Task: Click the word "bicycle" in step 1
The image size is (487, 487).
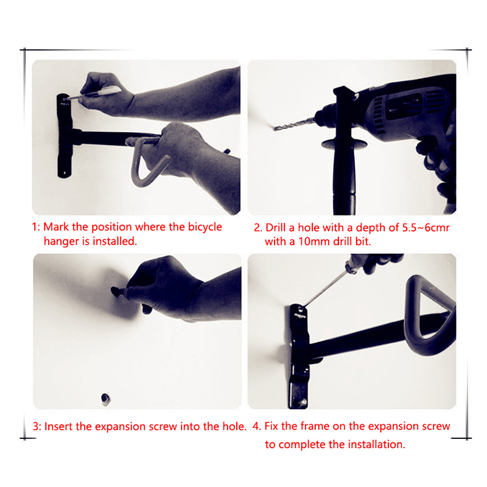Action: (205, 227)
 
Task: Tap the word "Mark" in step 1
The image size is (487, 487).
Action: (56, 226)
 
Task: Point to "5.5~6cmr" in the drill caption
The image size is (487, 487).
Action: (426, 228)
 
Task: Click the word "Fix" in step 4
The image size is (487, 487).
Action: (271, 426)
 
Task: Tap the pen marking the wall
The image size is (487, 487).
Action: (93, 93)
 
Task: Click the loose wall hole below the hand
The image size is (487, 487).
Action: (105, 399)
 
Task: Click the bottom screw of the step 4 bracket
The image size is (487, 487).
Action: (302, 403)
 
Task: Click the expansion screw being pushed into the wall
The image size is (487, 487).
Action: (119, 292)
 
